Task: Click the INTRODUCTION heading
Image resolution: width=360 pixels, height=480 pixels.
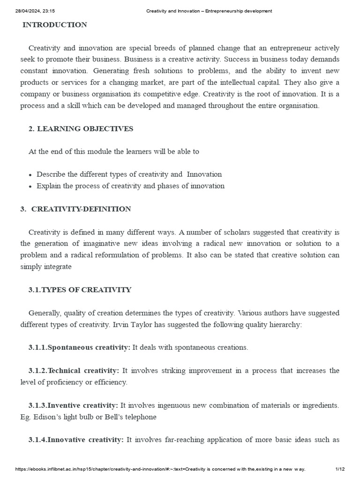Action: point(55,25)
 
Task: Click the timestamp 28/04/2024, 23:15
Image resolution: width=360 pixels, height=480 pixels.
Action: point(32,11)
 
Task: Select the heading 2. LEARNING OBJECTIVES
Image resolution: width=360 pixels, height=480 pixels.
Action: point(81,128)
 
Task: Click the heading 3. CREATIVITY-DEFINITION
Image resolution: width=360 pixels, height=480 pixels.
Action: point(75,209)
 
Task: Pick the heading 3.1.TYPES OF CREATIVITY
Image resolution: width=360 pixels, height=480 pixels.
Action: point(80,290)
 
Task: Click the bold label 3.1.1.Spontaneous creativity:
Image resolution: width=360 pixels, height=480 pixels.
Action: point(79,347)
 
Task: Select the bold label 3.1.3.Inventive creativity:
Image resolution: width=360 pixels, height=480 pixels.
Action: point(73,405)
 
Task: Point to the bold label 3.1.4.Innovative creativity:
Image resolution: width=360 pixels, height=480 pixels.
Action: point(76,440)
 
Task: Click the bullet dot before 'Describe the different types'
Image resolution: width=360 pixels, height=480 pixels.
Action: point(30,175)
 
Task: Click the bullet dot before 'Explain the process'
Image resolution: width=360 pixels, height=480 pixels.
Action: point(30,187)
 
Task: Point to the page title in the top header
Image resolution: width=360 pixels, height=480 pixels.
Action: point(206,11)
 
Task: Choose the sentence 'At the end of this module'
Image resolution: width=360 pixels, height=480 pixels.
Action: point(114,151)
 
